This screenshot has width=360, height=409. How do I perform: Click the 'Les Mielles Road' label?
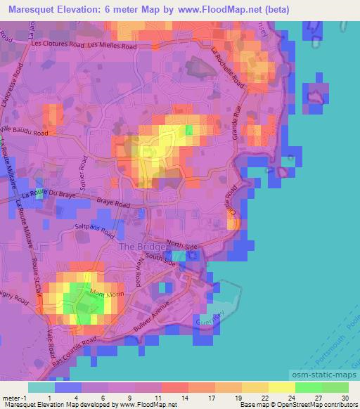click(x=112, y=45)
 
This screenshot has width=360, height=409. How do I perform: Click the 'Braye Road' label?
click(x=114, y=204)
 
